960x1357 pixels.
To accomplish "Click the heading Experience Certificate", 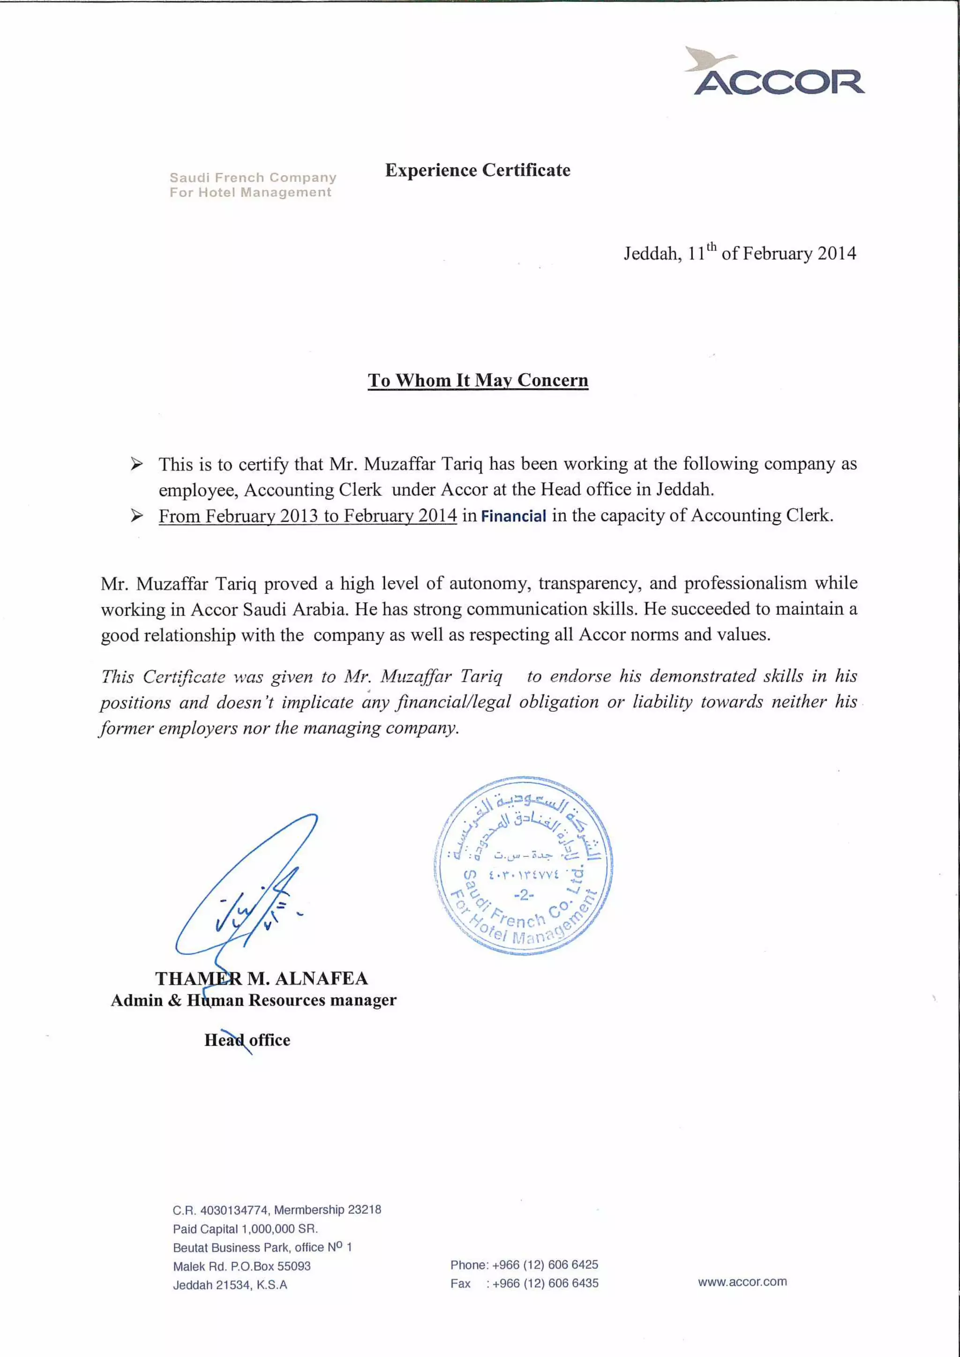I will click(478, 170).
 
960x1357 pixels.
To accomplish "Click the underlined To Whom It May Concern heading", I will click(478, 380).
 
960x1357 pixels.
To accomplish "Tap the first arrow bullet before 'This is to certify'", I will click(136, 464).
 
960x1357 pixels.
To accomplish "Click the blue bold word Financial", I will click(513, 516).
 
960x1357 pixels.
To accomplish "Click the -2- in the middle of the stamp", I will click(523, 895).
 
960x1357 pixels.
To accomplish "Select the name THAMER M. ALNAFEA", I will click(261, 978).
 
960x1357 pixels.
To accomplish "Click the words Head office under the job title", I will click(247, 1040).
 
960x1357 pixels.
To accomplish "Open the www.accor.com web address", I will click(742, 1282).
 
